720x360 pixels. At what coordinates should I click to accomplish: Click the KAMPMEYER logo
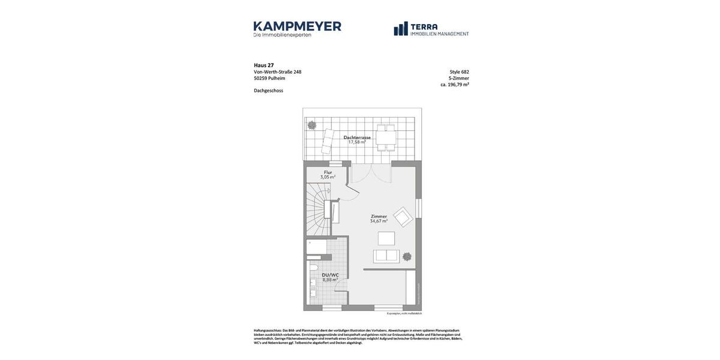coord(297,29)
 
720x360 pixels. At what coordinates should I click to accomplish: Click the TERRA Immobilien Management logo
coord(431,29)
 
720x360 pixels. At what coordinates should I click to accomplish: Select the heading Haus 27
coord(263,65)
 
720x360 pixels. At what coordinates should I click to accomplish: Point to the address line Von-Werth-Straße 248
coord(277,72)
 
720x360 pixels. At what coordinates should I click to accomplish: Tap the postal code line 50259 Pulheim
coord(269,78)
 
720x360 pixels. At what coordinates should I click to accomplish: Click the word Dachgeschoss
coord(268,91)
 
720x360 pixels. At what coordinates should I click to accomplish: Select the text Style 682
coord(459,72)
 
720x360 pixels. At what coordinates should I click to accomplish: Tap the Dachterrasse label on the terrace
coord(357,137)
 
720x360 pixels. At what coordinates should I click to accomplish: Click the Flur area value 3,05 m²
coord(328,177)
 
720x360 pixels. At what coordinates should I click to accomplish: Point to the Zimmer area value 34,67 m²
coord(379,221)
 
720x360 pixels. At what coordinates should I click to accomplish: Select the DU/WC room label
coord(330,275)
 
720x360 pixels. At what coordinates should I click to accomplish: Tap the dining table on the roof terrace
coord(386,136)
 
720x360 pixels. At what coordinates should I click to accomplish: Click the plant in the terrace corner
coord(312,125)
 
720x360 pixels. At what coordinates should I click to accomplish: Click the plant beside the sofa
coord(407,256)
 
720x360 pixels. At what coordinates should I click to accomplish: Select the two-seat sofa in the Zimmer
coord(386,256)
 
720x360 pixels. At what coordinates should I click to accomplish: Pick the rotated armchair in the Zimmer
coord(403,217)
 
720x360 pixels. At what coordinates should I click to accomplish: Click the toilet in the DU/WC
coord(313,267)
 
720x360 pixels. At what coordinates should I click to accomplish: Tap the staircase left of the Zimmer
coord(317,210)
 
